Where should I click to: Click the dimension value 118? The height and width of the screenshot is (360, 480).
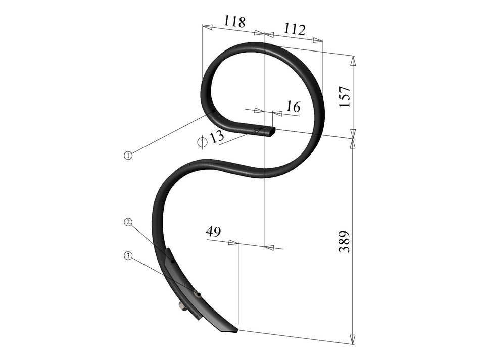234,22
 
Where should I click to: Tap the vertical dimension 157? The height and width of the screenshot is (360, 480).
345,96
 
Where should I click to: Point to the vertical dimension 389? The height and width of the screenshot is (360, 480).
345,242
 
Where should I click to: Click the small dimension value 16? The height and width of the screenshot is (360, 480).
293,107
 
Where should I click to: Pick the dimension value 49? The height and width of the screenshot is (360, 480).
213,232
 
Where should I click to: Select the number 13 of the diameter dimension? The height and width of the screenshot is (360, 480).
216,137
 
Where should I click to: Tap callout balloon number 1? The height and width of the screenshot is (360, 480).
128,156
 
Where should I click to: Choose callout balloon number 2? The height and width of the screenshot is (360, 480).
128,222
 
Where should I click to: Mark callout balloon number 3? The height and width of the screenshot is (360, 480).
128,256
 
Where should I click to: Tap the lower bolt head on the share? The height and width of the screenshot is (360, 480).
198,294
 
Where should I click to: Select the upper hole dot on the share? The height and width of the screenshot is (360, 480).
173,262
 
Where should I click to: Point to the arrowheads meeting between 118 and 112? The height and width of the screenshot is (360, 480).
264,33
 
